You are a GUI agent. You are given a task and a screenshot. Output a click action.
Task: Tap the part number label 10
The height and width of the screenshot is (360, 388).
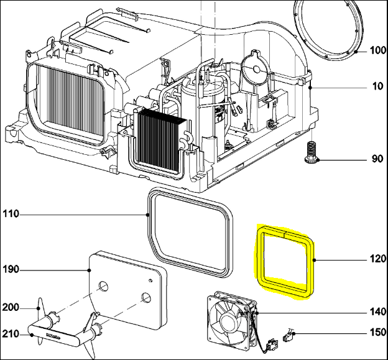click(x=378, y=86)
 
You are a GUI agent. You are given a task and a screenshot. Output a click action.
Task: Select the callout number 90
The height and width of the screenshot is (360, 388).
click(x=377, y=159)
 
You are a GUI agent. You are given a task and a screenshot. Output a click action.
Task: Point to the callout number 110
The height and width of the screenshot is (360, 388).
click(x=11, y=215)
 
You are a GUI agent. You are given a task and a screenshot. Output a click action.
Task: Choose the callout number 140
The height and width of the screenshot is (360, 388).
click(x=377, y=311)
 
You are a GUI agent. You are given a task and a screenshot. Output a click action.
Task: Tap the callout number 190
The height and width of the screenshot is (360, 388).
click(x=11, y=270)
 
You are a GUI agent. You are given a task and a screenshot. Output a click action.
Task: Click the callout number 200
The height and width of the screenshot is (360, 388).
click(x=11, y=308)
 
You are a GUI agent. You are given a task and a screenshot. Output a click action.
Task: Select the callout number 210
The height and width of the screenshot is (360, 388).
click(x=11, y=335)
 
